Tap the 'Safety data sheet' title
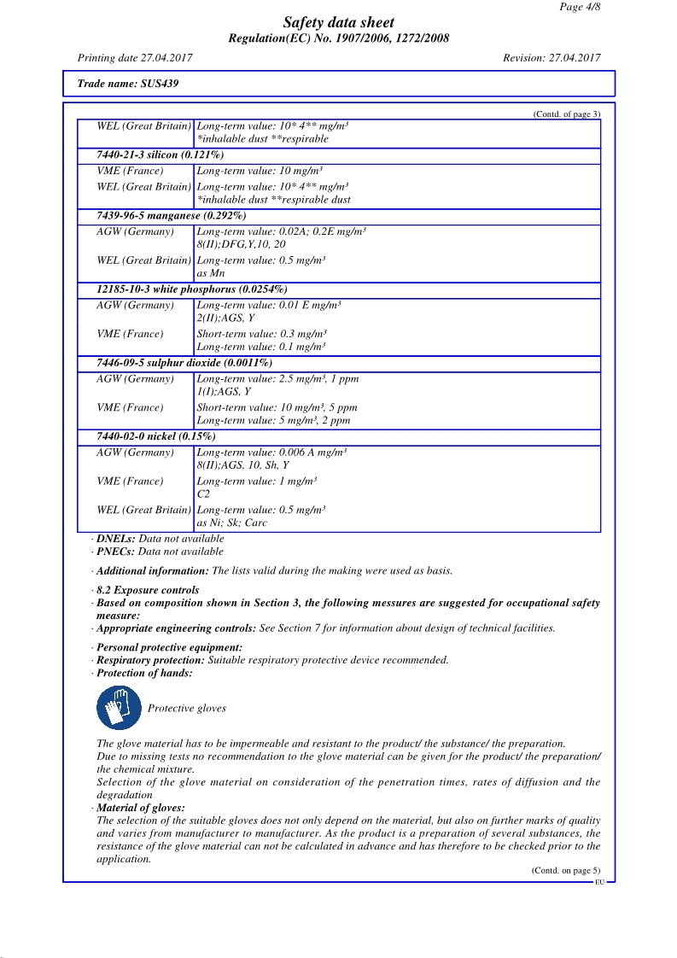[339, 23]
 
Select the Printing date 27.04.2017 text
[135, 58]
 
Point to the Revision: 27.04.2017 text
[552, 58]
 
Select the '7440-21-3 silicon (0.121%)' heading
[160, 155]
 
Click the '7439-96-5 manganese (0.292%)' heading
[172, 216]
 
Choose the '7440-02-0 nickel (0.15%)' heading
[156, 436]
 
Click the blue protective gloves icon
[119, 708]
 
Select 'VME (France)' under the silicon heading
[130, 171]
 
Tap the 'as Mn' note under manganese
[210, 274]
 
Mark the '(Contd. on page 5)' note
[565, 870]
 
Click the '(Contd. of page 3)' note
[567, 114]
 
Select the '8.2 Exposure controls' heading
[148, 590]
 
